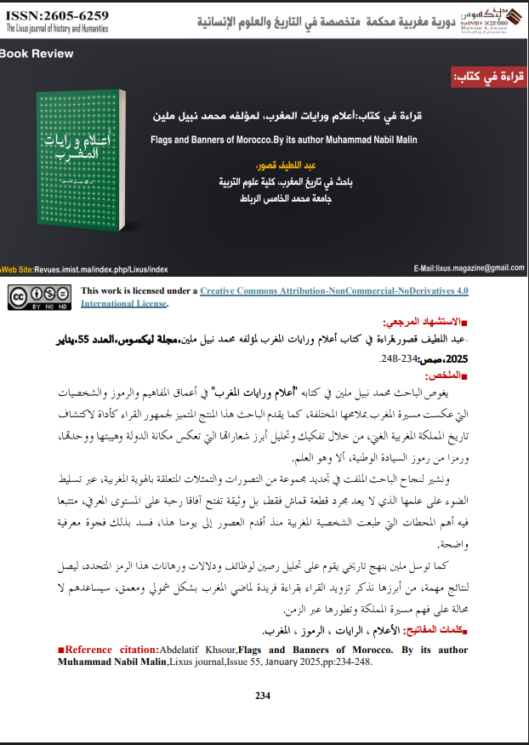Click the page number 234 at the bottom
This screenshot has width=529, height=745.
coord(263,696)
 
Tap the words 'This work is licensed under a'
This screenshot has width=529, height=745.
coord(139,290)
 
